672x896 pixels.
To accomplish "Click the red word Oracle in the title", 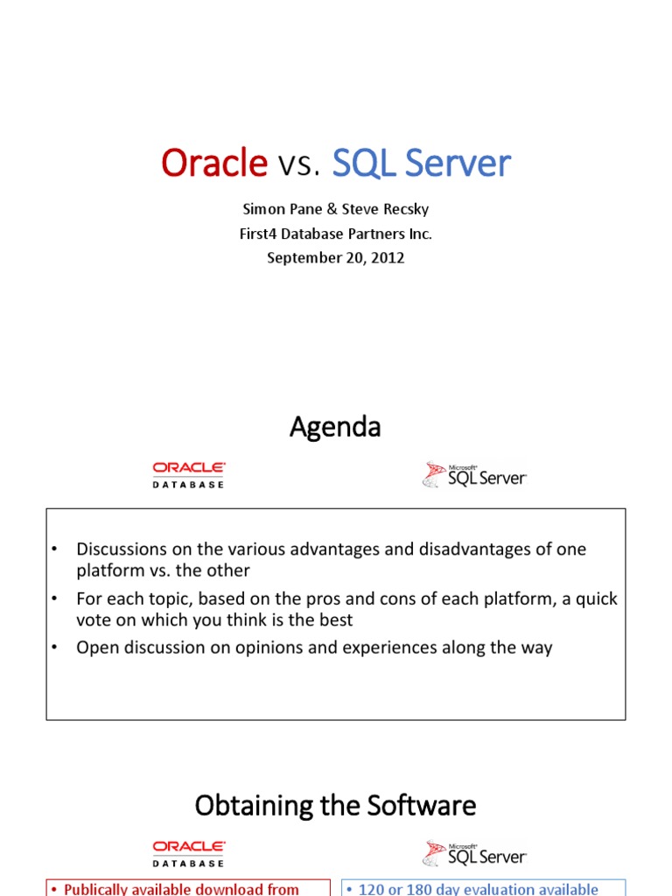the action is pyautogui.click(x=214, y=163).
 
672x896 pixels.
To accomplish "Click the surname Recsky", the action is pyautogui.click(x=406, y=209).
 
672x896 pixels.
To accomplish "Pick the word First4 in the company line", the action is pyautogui.click(x=258, y=234).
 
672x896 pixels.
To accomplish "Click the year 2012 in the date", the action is pyautogui.click(x=388, y=258).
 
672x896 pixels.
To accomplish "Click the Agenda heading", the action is pyautogui.click(x=335, y=427).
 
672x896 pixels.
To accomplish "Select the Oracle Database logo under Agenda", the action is pyautogui.click(x=189, y=475).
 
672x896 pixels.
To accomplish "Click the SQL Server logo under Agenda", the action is pyautogui.click(x=474, y=475).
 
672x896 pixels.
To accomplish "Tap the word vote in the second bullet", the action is pyautogui.click(x=93, y=620).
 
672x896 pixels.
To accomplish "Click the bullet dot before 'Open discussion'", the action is pyautogui.click(x=54, y=647).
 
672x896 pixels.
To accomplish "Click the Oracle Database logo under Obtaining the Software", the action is pyautogui.click(x=189, y=854).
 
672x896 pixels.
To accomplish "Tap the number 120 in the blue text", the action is pyautogui.click(x=371, y=889).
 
